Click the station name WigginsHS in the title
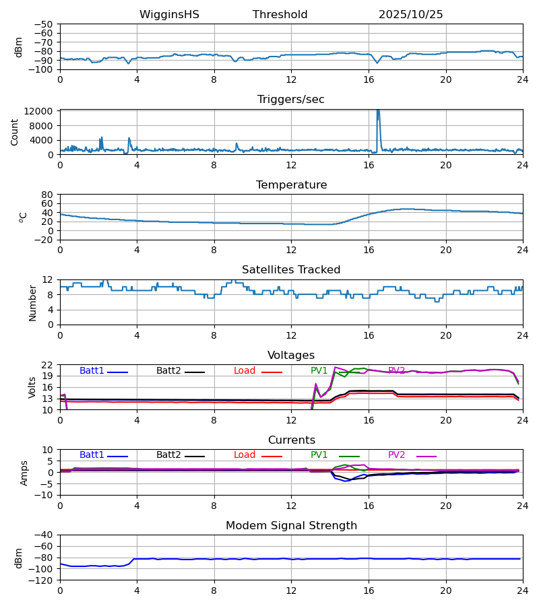169,15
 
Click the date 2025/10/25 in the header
410,15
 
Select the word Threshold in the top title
280,15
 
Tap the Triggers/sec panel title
290,100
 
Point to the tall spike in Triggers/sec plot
378,114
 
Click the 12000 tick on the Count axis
42,111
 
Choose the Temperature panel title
291,185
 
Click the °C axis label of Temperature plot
23,217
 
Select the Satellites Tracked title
291,270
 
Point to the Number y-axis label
32,302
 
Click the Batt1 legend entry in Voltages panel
92,371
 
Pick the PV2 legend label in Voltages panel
397,371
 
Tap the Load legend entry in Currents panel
245,455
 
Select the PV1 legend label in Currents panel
319,455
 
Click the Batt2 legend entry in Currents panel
169,455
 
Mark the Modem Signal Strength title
291,526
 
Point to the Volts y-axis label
32,387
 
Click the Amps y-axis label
24,473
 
